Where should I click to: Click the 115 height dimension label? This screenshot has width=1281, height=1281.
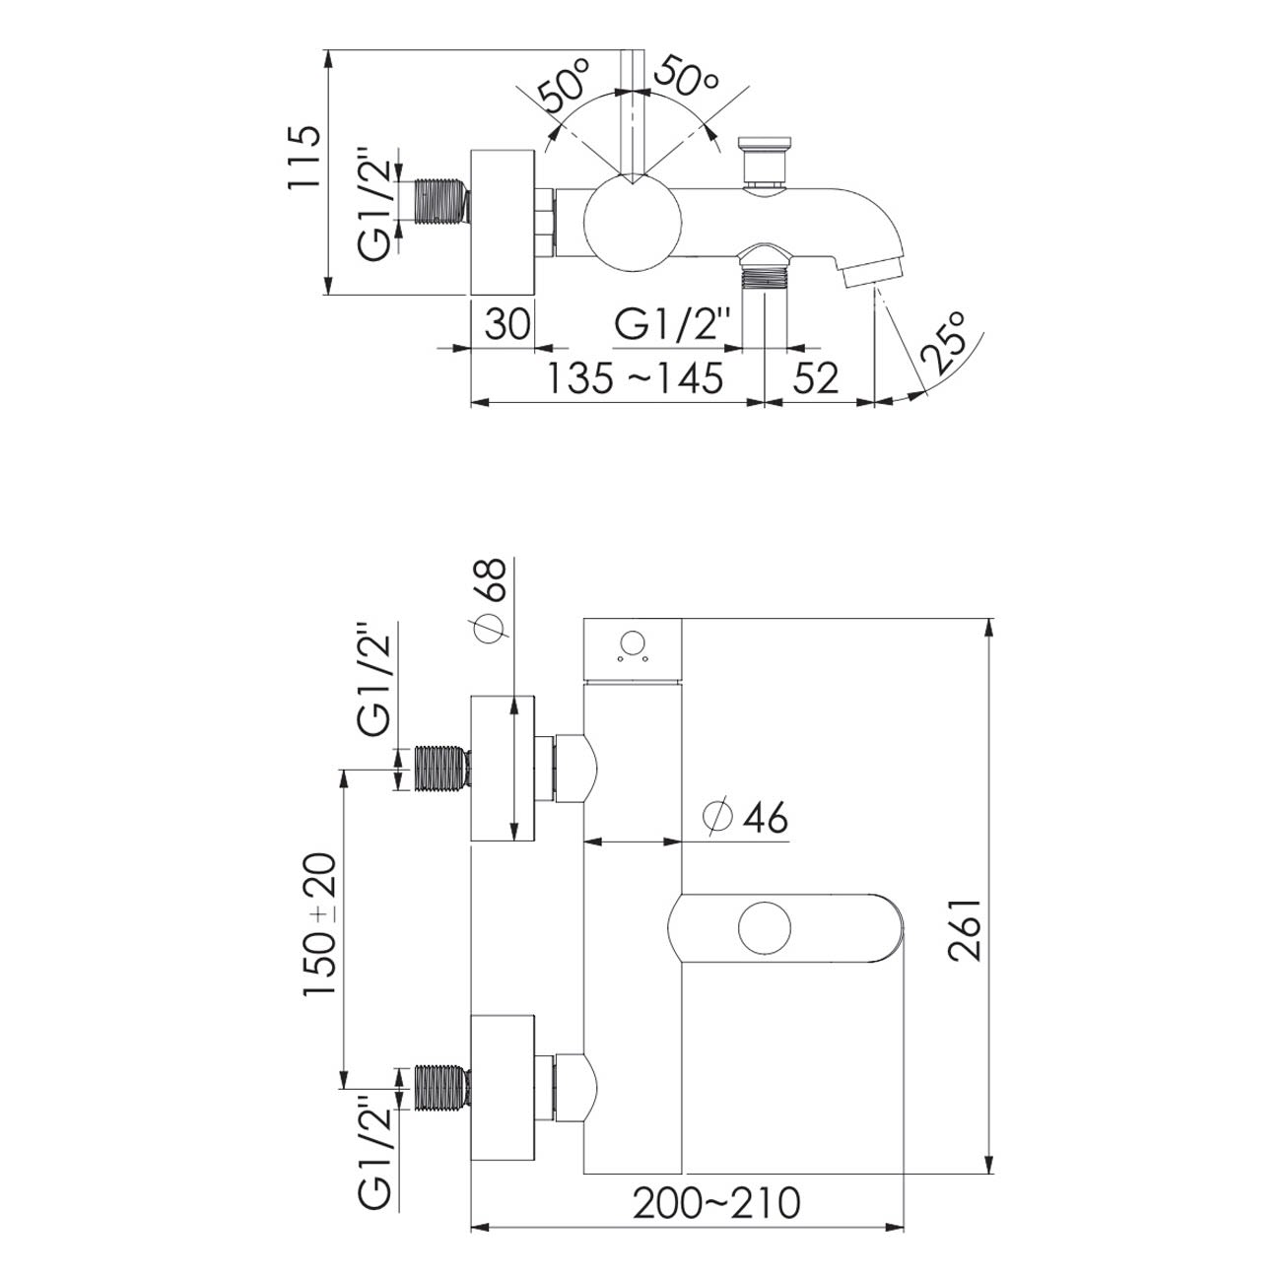pyautogui.click(x=303, y=158)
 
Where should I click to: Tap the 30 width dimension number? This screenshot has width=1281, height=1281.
pyautogui.click(x=507, y=324)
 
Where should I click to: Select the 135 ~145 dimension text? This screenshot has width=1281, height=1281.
pyautogui.click(x=635, y=377)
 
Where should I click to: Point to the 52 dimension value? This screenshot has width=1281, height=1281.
pyautogui.click(x=816, y=377)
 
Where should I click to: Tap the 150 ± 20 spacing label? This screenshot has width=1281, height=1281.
pyautogui.click(x=321, y=924)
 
